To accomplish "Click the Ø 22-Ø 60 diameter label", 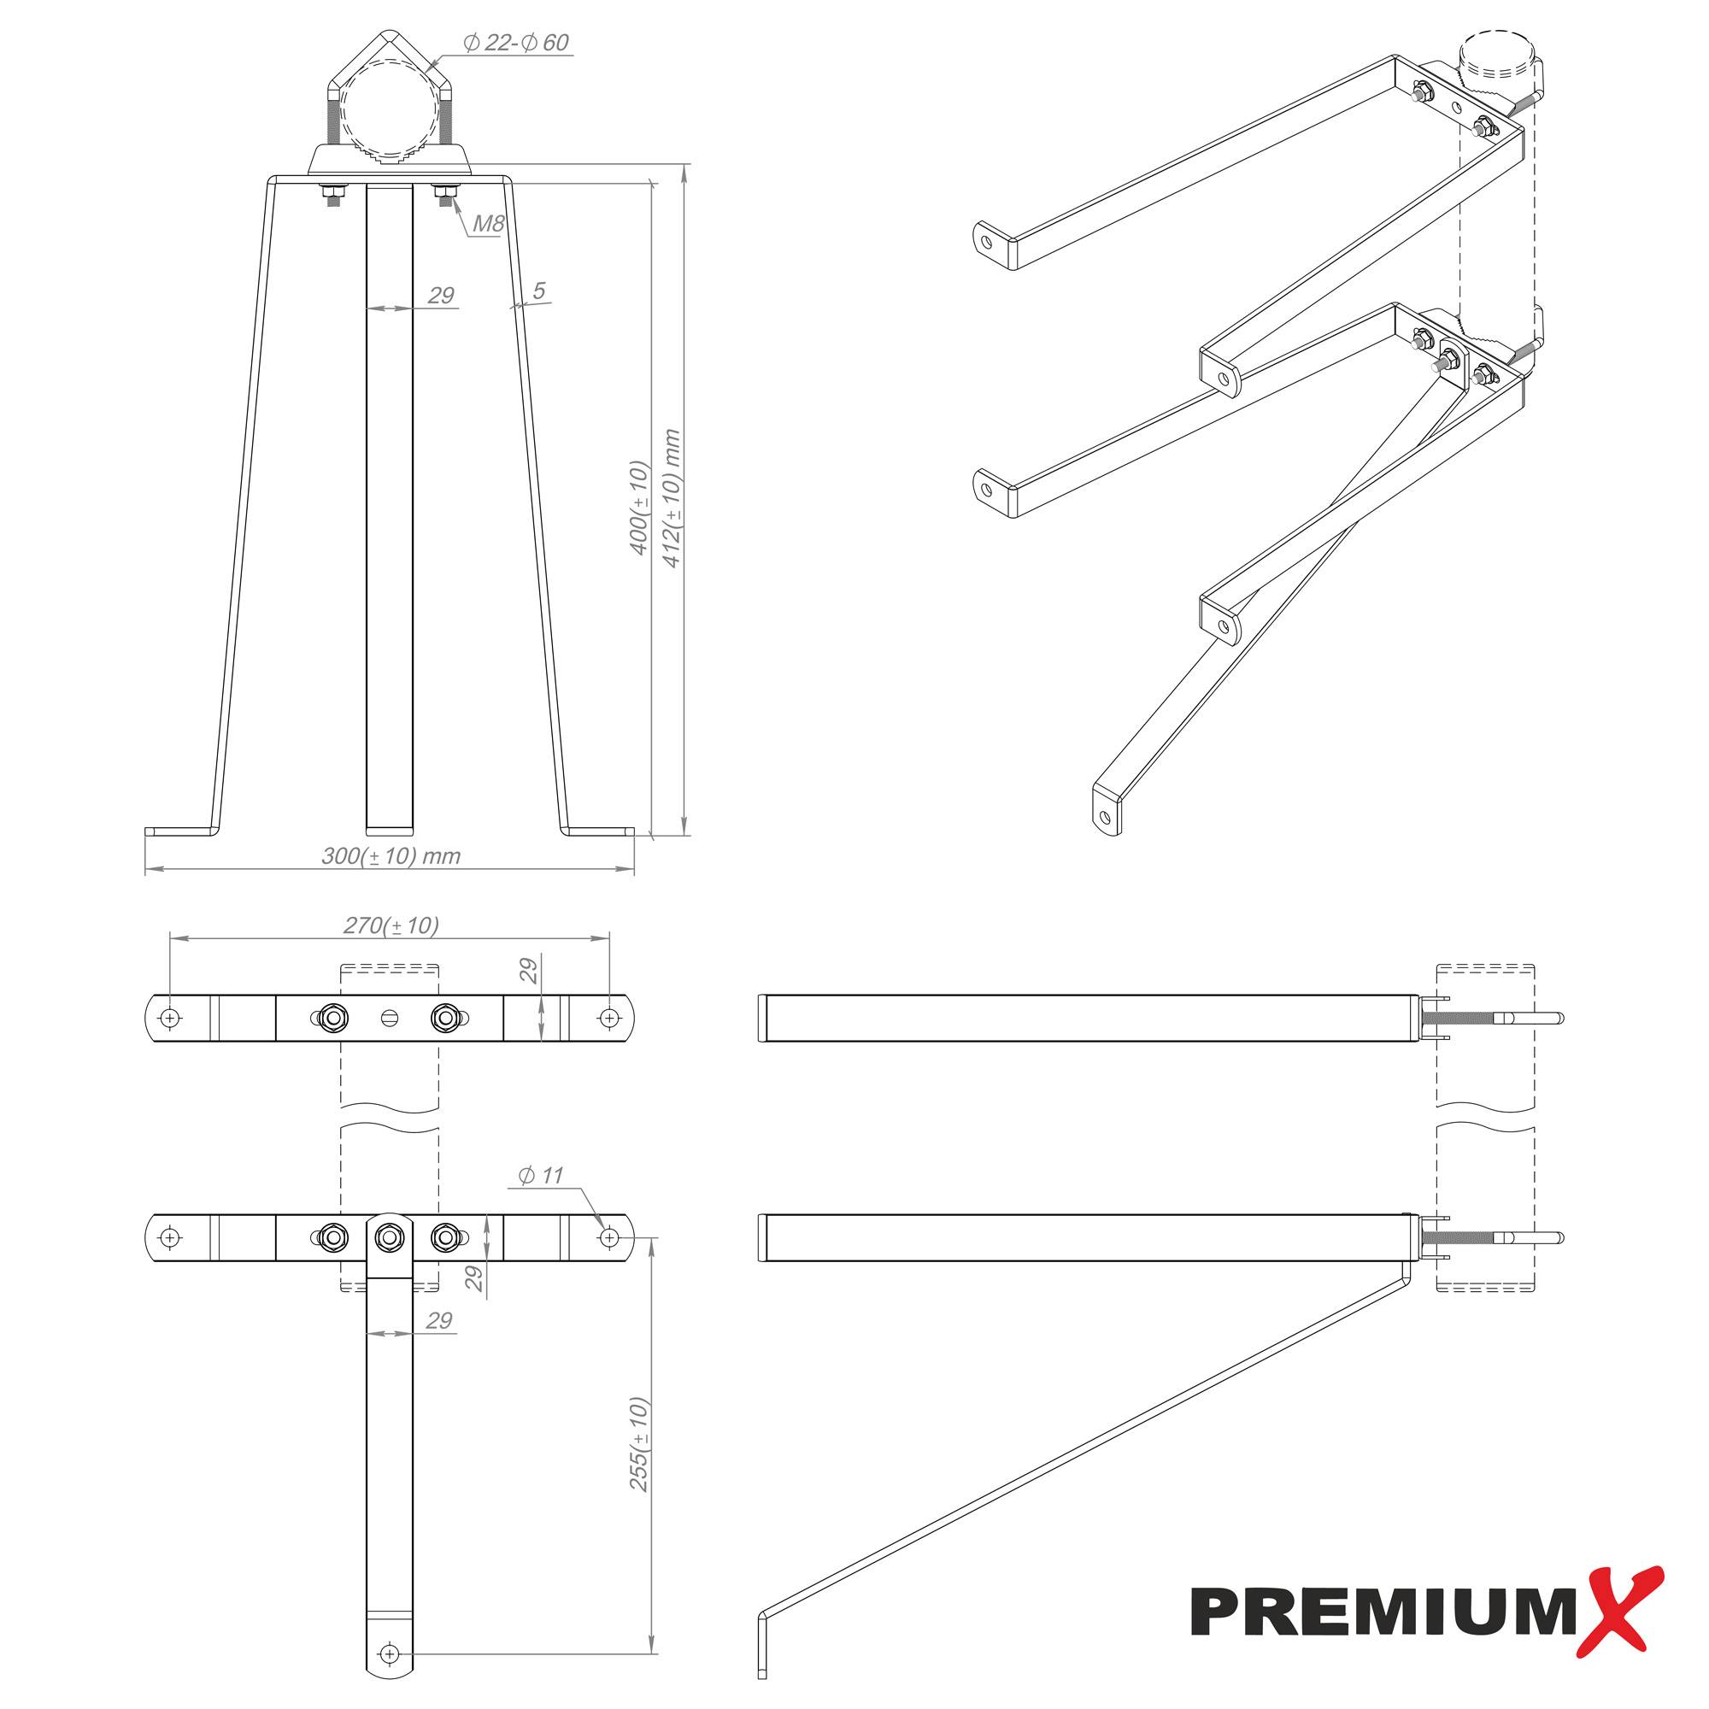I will [x=516, y=43].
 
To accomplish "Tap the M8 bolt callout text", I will [x=487, y=223].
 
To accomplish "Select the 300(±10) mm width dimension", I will [x=391, y=856].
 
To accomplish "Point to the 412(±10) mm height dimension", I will [x=672, y=498].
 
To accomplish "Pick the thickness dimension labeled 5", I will [x=538, y=291].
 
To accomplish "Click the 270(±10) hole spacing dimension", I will [x=391, y=925].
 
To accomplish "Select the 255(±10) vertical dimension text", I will [x=638, y=1443].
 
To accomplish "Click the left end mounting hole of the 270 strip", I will [x=171, y=1019].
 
